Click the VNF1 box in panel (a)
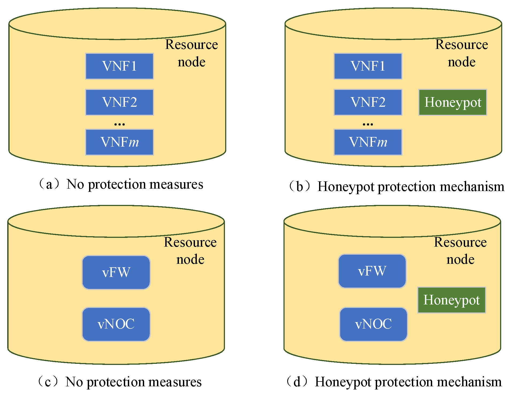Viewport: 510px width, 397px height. click(119, 66)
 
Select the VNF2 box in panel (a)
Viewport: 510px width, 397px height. click(119, 102)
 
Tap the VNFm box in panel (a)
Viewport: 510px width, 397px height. click(119, 142)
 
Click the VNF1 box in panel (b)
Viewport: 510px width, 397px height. click(368, 66)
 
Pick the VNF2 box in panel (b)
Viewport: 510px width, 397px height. click(368, 102)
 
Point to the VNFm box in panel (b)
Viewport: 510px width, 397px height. click(368, 142)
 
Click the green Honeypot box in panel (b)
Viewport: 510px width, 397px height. click(453, 102)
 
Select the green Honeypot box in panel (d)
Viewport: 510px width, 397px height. click(451, 300)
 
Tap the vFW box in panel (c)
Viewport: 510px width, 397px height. click(116, 272)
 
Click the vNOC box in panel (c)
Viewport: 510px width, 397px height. click(116, 324)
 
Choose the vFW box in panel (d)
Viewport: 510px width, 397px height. click(372, 271)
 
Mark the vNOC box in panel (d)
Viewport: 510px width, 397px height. click(373, 324)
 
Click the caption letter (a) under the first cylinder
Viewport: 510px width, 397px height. click(49, 185)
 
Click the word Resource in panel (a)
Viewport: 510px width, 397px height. click(191, 44)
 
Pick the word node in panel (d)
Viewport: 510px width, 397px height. click(460, 259)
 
